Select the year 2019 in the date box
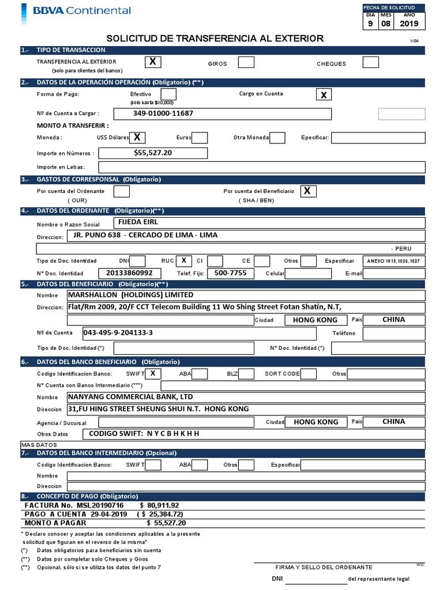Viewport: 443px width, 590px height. click(409, 24)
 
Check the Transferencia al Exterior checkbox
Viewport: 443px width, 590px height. click(152, 62)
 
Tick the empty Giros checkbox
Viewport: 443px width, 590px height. click(246, 62)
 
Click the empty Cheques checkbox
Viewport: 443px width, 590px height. click(370, 62)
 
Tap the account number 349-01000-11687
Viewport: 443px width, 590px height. click(163, 114)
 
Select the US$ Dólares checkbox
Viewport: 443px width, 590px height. click(137, 137)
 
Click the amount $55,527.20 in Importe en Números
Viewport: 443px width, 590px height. click(153, 153)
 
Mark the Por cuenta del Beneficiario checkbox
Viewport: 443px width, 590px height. click(309, 191)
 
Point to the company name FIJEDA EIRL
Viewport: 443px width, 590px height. click(138, 221)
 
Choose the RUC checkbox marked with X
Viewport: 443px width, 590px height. click(183, 260)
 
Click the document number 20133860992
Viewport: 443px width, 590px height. click(130, 273)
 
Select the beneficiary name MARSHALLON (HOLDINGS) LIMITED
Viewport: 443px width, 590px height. click(131, 295)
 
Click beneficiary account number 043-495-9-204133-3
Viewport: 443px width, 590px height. click(122, 333)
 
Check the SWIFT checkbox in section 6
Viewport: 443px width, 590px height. click(152, 373)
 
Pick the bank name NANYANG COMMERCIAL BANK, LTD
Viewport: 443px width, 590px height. click(131, 397)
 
